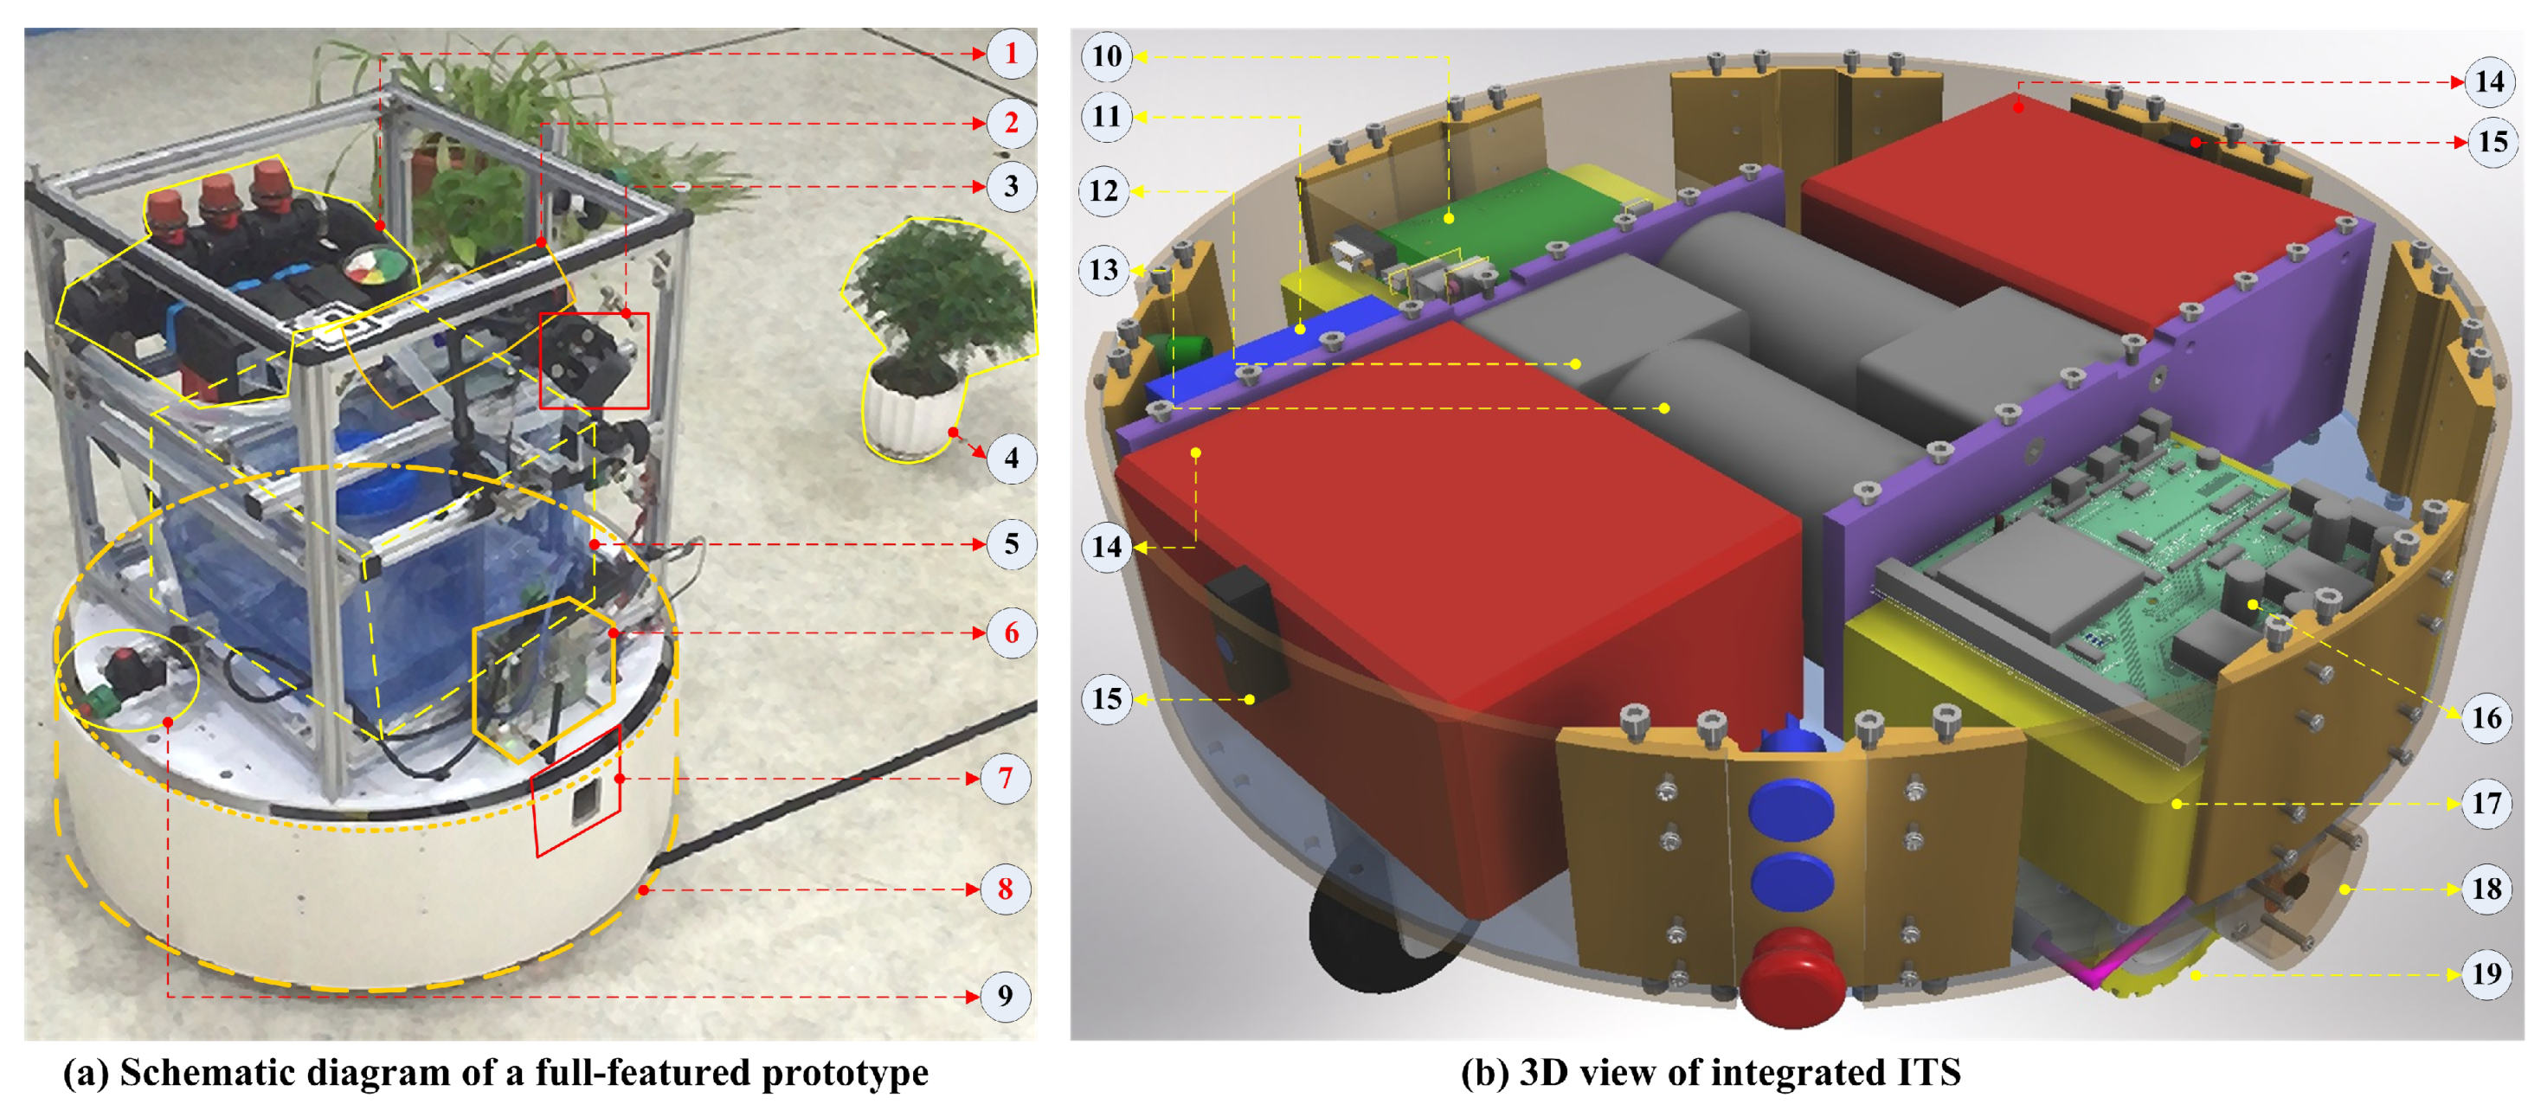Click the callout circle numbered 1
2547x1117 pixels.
coord(1011,54)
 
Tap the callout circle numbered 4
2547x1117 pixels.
coord(1011,459)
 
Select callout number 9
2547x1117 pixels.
coord(1006,995)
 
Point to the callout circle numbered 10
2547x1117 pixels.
coord(1106,56)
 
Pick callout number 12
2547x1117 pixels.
coord(1103,190)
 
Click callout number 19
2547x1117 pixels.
coord(2486,974)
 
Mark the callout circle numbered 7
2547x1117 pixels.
coord(1006,779)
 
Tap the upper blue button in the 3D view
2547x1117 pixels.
coord(1791,810)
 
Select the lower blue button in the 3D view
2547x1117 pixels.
coord(1791,881)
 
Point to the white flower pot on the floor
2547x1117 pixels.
coord(908,420)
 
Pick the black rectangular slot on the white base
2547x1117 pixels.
coord(584,804)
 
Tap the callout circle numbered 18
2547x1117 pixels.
coord(2486,889)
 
